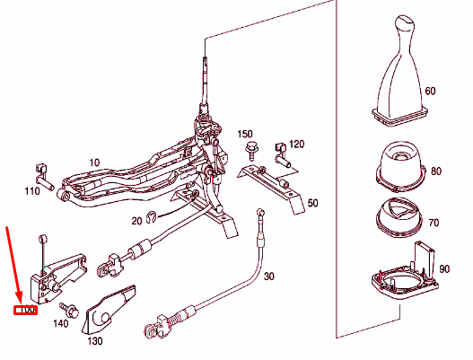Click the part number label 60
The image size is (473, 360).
(x=430, y=92)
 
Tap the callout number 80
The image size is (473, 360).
(x=436, y=171)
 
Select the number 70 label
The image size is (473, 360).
(x=435, y=221)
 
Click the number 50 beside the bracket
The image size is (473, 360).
(x=312, y=204)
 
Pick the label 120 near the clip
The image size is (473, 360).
(x=296, y=144)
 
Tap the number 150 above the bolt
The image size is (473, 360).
(x=245, y=134)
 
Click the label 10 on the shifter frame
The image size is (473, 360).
(x=95, y=162)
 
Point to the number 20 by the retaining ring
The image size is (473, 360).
(x=136, y=220)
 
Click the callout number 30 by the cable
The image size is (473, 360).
(x=270, y=276)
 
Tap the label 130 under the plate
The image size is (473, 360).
(x=95, y=341)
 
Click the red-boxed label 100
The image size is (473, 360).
(x=24, y=311)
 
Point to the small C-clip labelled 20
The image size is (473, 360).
(x=153, y=215)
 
